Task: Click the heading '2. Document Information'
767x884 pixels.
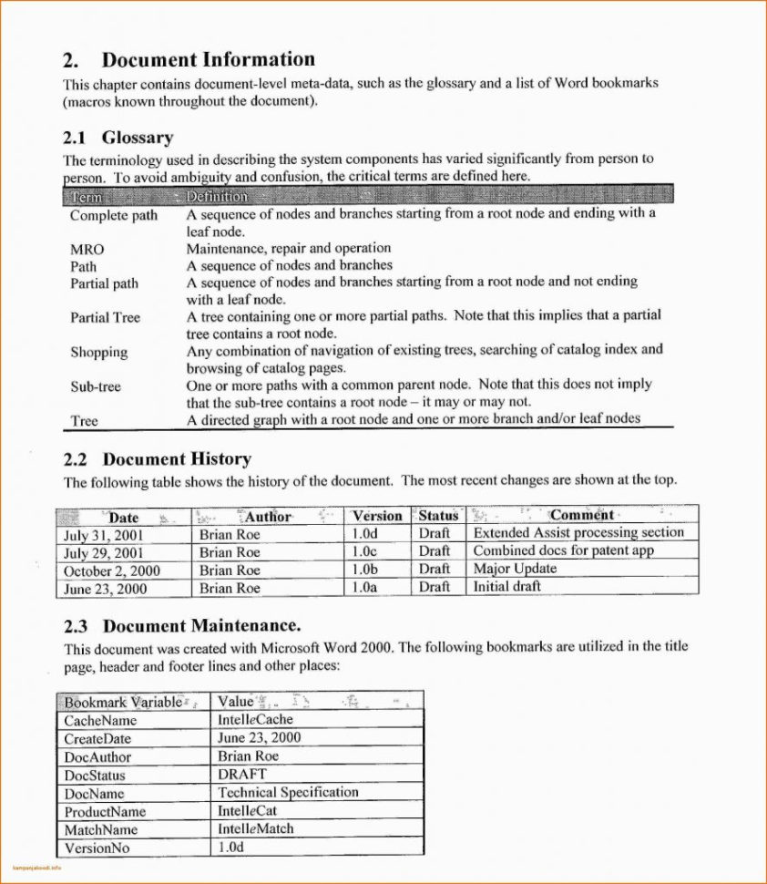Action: (189, 60)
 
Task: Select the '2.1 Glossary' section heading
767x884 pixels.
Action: (118, 138)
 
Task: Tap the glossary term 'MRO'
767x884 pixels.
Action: (87, 249)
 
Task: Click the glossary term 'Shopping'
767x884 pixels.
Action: (99, 352)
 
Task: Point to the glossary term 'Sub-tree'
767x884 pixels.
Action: (96, 386)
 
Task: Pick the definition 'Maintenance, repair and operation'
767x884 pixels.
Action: (289, 248)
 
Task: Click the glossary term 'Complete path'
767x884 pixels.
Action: (114, 215)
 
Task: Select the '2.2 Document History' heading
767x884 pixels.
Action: (157, 458)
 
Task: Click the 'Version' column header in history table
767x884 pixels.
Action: (377, 515)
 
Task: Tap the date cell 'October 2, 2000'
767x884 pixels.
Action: (111, 570)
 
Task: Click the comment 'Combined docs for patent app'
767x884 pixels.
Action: (563, 550)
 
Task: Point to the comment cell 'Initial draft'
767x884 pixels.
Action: (506, 587)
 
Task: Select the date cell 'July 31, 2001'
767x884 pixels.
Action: (104, 535)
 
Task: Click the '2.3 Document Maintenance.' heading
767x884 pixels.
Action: (181, 626)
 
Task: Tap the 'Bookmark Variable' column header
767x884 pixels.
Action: (123, 702)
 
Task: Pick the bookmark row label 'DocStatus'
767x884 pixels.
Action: (95, 776)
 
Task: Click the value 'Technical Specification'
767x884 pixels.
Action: (288, 793)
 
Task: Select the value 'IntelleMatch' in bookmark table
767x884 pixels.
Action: (255, 829)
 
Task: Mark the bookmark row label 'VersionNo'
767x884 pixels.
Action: (97, 848)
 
